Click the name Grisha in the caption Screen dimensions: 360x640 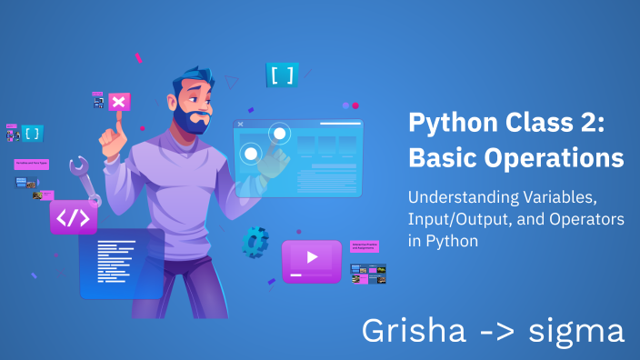414,331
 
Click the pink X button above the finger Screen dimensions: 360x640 119,101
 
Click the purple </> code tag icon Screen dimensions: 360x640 74,218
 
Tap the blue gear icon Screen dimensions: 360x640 255,239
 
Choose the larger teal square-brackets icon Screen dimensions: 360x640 282,75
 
